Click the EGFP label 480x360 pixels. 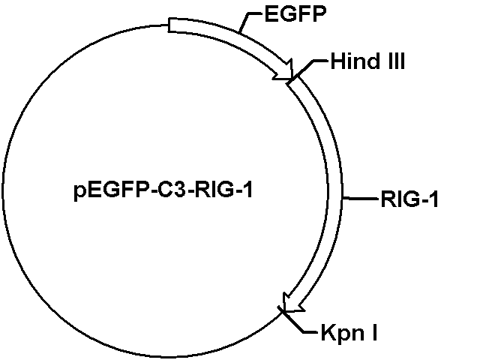tap(295, 14)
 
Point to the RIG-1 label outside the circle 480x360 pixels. tap(409, 199)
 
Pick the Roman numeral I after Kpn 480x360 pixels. tap(374, 332)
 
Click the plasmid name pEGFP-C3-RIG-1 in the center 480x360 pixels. tap(163, 190)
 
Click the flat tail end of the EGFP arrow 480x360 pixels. tap(168, 25)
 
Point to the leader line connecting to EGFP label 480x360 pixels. tap(248, 21)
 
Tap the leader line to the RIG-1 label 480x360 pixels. tap(361, 199)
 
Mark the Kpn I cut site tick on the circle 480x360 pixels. tap(282, 310)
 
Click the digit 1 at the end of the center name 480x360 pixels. tap(248, 190)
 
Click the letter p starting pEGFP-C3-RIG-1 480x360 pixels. tap(79, 193)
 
